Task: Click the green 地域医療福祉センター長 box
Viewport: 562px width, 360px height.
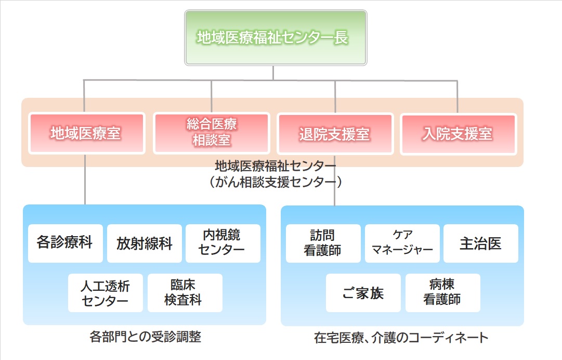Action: click(x=276, y=37)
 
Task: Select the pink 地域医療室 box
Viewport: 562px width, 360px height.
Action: click(x=87, y=133)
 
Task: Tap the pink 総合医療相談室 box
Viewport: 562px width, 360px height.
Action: click(x=212, y=133)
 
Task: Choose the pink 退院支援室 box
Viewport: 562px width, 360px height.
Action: click(x=335, y=134)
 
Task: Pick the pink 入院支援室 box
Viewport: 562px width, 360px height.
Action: click(x=459, y=134)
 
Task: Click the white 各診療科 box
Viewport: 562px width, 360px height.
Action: click(x=66, y=243)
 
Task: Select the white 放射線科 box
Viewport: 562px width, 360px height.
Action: click(x=145, y=243)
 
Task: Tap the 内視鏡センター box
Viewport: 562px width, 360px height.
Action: click(x=223, y=243)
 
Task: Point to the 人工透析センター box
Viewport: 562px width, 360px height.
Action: click(x=106, y=293)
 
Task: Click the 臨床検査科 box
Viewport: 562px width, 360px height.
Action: click(x=185, y=293)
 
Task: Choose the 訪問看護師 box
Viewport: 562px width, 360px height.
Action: click(x=323, y=243)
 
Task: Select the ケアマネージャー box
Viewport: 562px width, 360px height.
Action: click(x=402, y=243)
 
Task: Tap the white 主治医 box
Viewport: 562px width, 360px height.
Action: click(x=481, y=243)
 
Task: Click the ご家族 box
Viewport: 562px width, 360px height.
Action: click(x=363, y=293)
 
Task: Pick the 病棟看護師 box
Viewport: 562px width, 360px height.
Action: click(x=443, y=293)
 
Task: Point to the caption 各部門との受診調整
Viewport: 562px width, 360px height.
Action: click(x=146, y=337)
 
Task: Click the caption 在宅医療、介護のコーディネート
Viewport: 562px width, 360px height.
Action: click(x=401, y=338)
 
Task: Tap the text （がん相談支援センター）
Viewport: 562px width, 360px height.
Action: click(x=275, y=182)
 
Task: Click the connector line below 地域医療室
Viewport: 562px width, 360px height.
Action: click(x=85, y=179)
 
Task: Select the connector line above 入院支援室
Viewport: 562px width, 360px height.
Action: click(x=458, y=97)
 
